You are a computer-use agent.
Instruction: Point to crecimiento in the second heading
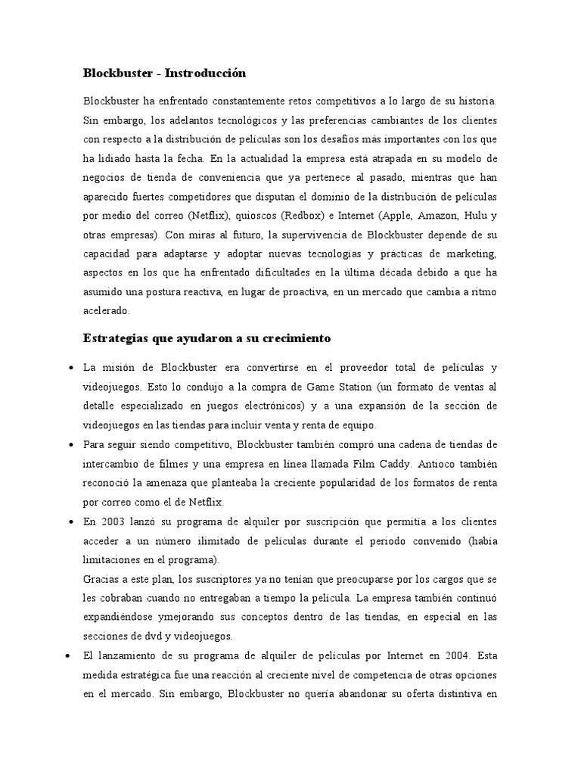coord(289,338)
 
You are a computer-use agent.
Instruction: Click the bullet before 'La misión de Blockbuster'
coord(70,369)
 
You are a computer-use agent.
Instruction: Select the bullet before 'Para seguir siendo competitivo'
coord(70,444)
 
